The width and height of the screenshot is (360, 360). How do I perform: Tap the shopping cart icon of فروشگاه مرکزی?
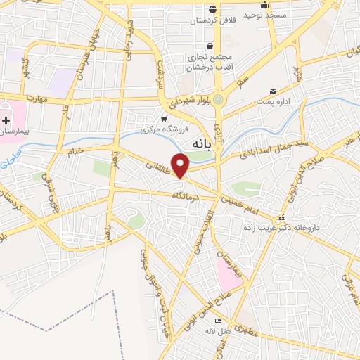pyautogui.click(x=164, y=118)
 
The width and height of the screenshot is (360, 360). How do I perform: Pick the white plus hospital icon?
pyautogui.click(x=6, y=120)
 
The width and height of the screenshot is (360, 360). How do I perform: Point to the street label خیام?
pyautogui.click(x=75, y=150)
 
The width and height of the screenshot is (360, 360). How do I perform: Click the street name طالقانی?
pyautogui.click(x=157, y=166)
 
